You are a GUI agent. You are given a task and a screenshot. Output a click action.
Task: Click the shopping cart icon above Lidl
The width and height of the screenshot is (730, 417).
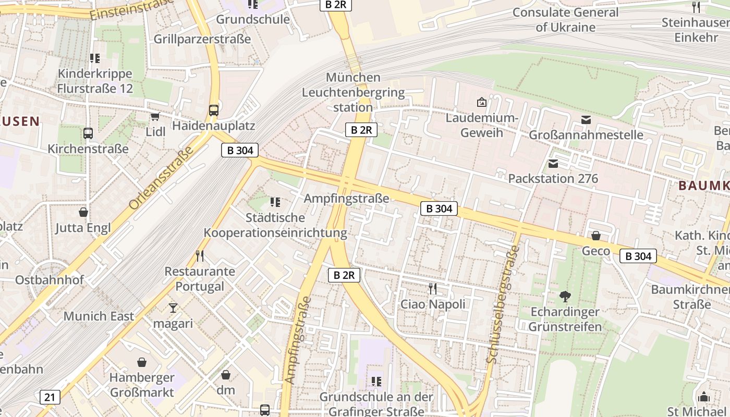[x=155, y=116]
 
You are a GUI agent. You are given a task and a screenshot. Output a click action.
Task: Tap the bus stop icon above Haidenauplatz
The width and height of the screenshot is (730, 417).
[x=213, y=110]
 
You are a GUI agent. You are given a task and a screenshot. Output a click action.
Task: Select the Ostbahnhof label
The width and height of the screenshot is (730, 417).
[x=50, y=280]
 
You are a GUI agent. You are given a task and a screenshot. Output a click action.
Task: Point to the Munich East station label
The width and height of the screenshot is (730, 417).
[x=99, y=316]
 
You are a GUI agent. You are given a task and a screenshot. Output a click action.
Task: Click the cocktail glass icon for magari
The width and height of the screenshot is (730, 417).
[x=173, y=308]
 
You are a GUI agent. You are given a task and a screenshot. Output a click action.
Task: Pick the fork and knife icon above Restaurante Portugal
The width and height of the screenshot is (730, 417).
[x=199, y=255]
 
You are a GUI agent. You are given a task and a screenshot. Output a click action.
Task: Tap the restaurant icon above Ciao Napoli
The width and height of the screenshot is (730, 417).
[x=432, y=288]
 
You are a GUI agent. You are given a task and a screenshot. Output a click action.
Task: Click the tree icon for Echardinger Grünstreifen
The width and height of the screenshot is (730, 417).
[x=565, y=297]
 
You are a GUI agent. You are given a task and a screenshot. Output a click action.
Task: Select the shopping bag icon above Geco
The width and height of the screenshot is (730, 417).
[x=595, y=236]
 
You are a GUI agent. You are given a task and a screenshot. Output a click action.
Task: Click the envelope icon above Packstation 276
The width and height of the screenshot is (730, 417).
[x=553, y=164]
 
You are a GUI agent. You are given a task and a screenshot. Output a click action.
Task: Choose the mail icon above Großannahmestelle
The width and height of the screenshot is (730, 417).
[x=586, y=120]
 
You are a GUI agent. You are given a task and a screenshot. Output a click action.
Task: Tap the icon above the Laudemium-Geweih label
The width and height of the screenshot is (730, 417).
[x=481, y=102]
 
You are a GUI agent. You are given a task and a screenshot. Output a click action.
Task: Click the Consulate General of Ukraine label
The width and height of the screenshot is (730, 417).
[x=565, y=20]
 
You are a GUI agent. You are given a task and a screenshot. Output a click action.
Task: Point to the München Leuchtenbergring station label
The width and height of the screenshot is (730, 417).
[x=353, y=92]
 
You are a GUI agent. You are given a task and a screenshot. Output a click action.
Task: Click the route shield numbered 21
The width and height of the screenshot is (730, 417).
[x=50, y=397]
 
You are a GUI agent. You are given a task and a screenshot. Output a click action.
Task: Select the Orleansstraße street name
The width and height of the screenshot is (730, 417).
[x=161, y=178]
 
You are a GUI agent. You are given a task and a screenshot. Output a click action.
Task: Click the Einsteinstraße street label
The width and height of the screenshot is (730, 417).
[x=131, y=9]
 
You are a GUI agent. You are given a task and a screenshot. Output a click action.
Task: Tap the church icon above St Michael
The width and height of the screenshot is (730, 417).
[x=704, y=397]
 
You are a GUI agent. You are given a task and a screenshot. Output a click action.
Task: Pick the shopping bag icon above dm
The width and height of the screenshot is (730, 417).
[x=226, y=375]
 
